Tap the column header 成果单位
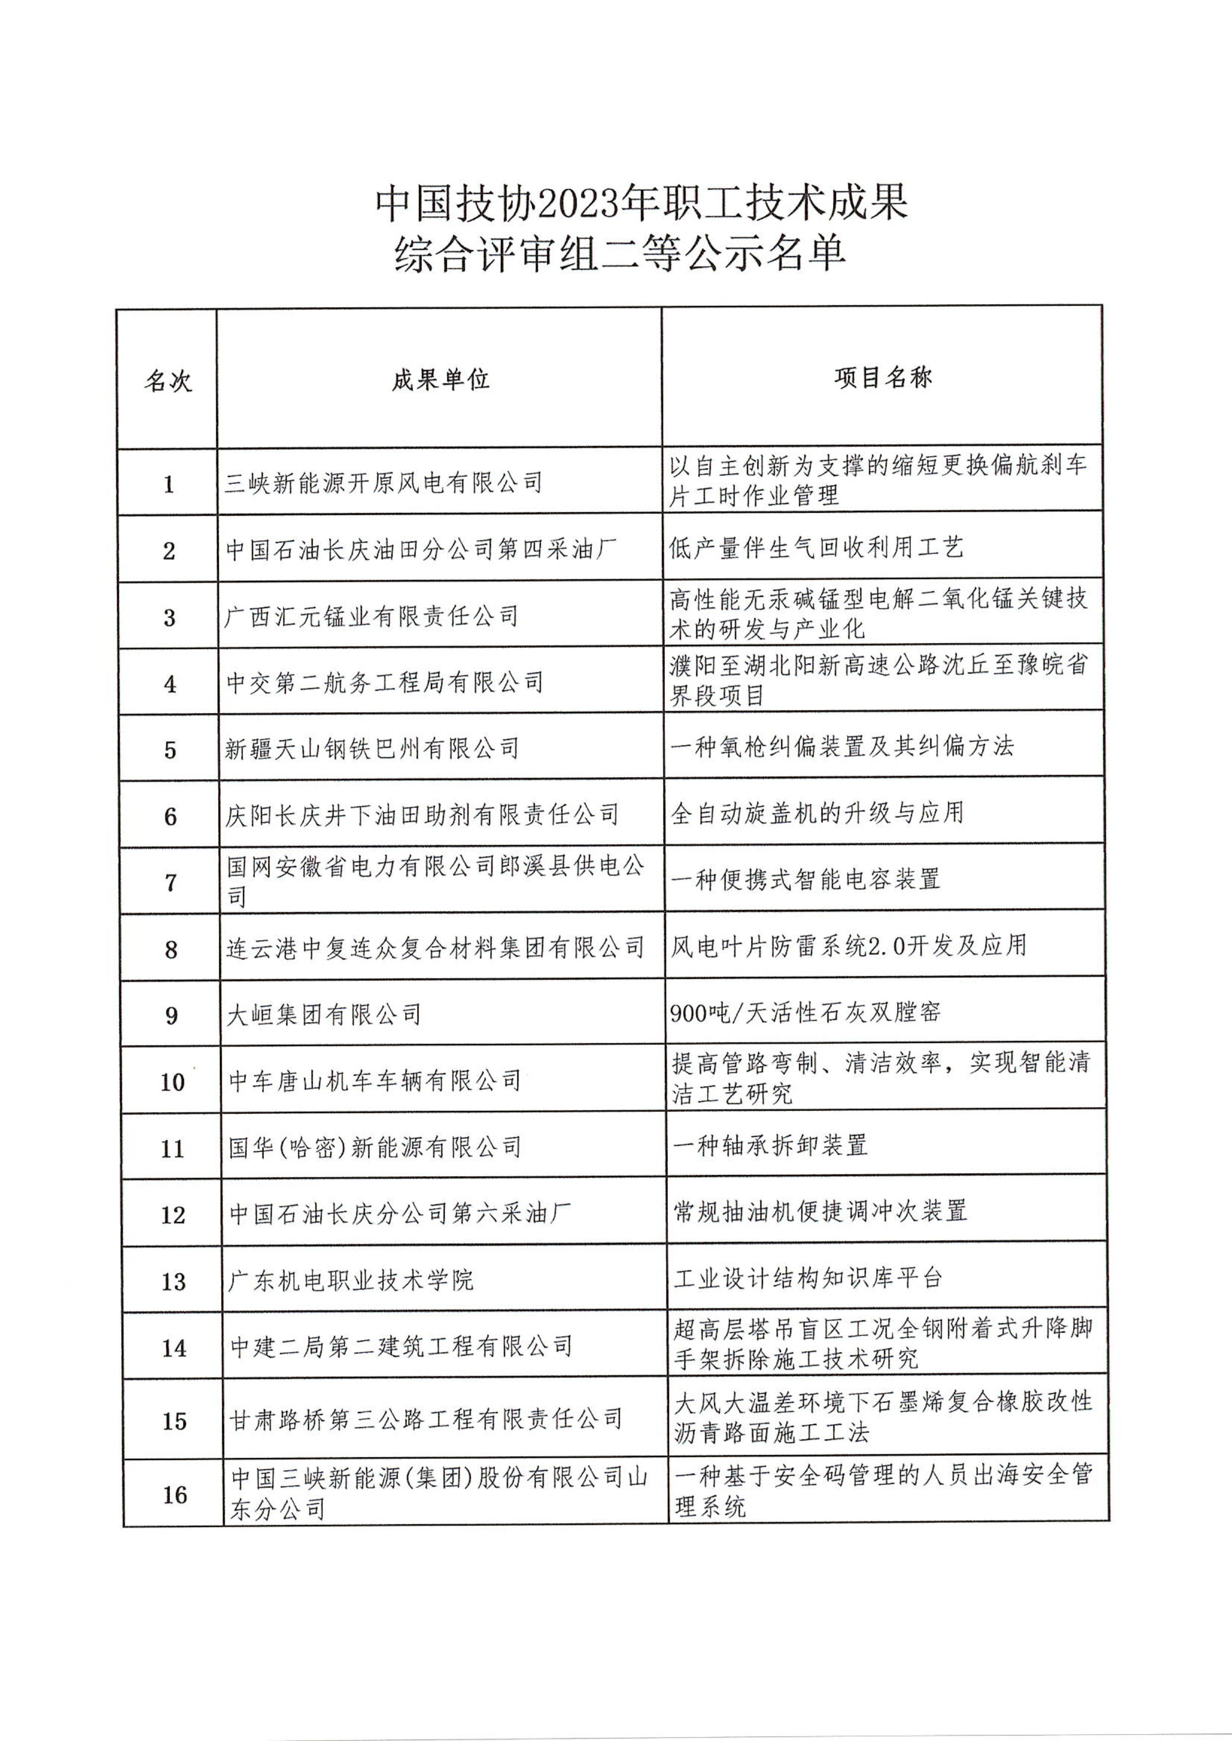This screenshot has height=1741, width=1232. pos(440,379)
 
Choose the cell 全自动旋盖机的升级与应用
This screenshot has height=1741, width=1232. pos(817,814)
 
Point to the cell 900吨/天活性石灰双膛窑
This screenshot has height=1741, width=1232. pos(806,1012)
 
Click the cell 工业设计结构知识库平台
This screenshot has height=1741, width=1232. pos(808,1278)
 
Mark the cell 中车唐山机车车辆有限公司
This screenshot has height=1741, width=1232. pos(375,1081)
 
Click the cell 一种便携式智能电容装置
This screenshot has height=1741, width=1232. pos(806,879)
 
